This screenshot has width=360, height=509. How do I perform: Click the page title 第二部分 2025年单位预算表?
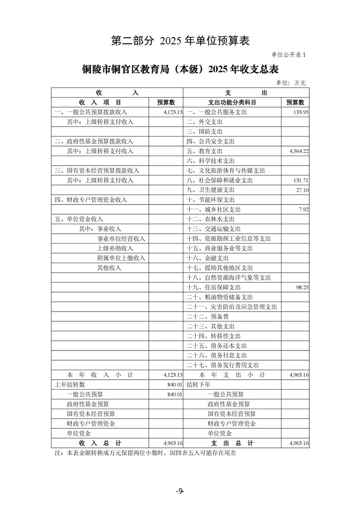click(180, 41)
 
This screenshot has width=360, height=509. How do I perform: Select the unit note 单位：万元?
click(291, 83)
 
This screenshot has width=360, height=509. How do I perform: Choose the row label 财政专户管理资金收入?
click(91, 200)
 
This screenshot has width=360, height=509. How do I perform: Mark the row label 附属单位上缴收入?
click(121, 258)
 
